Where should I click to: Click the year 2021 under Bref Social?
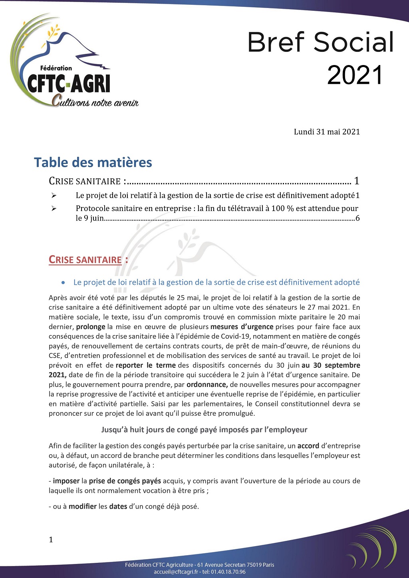coord(355,75)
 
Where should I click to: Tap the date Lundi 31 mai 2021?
coord(327,132)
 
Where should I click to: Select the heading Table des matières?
coord(93,162)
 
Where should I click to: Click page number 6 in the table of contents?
coord(357,218)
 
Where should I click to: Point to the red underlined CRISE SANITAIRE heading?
coord(85,260)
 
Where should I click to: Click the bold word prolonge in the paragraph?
coord(91,327)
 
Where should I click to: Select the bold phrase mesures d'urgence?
coord(242,327)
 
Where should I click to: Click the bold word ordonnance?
coord(207,385)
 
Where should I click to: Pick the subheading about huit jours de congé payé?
coord(204,430)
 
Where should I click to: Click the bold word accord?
coord(308,446)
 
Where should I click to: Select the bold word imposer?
coord(66,481)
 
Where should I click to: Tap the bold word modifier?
coord(83,507)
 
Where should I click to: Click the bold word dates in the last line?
coord(118,507)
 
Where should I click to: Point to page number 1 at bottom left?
coord(51,540)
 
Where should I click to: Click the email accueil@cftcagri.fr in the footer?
coord(176,572)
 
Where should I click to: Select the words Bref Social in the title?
coord(321,42)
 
